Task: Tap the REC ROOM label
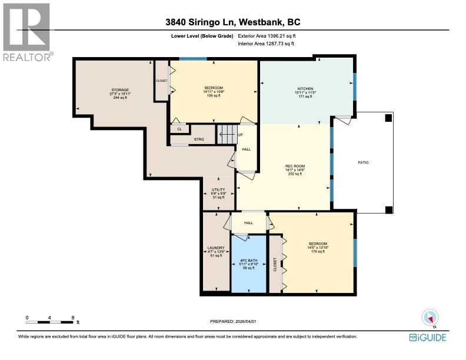click(x=294, y=166)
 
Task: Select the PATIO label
click(x=364, y=162)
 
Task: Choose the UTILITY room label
click(x=218, y=189)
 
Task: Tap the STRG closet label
click(x=198, y=139)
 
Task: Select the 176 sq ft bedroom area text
click(x=318, y=252)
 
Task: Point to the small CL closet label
click(x=179, y=129)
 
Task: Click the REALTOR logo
click(x=27, y=32)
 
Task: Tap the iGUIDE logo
click(x=427, y=337)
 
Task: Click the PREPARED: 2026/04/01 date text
click(x=234, y=321)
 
